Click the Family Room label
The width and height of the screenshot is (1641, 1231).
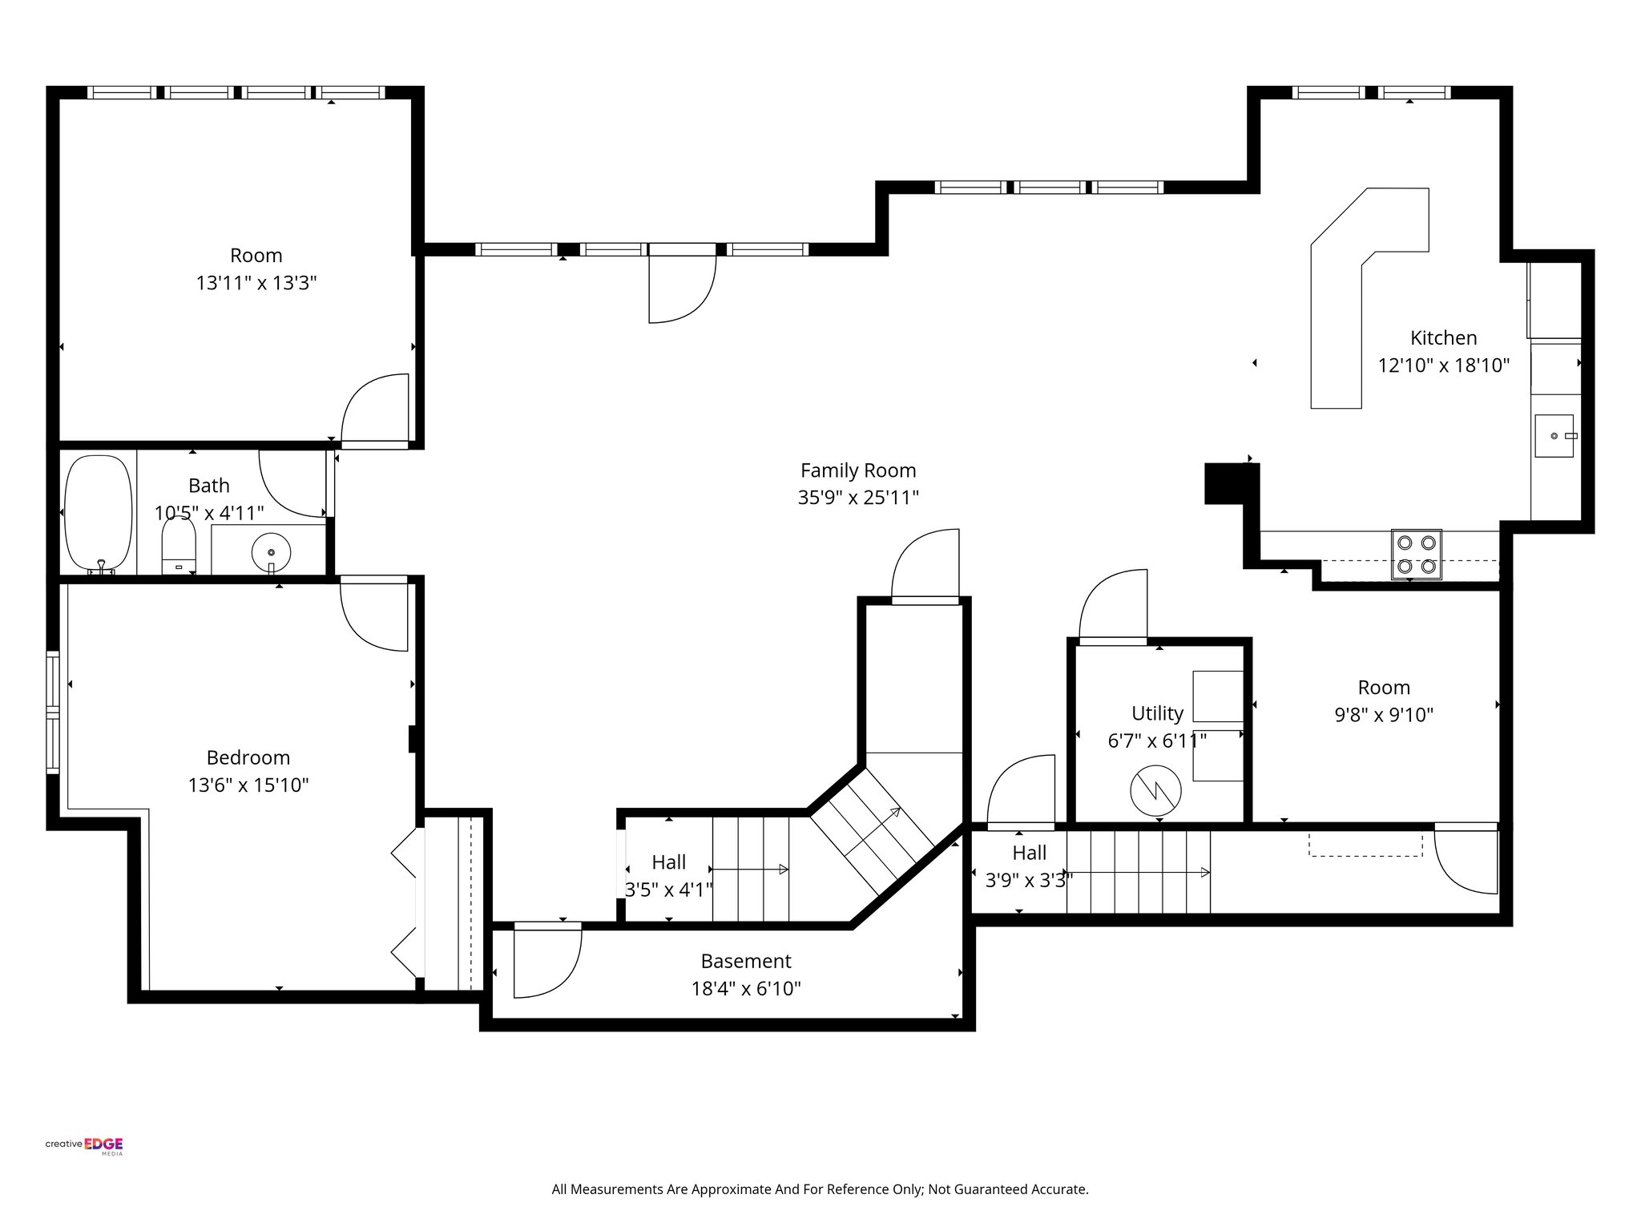pyautogui.click(x=857, y=470)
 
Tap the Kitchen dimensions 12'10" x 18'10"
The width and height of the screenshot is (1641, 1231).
pyautogui.click(x=1443, y=365)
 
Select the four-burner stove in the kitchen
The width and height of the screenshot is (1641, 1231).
pyautogui.click(x=1416, y=554)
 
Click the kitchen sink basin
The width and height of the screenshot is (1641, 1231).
pyautogui.click(x=1554, y=436)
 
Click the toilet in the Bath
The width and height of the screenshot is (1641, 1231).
pyautogui.click(x=178, y=546)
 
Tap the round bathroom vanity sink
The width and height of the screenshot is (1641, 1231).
pyautogui.click(x=271, y=551)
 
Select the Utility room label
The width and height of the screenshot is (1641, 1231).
pyautogui.click(x=1157, y=713)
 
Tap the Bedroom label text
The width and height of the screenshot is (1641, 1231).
pyautogui.click(x=248, y=757)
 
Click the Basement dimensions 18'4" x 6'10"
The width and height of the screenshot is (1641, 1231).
pyautogui.click(x=746, y=989)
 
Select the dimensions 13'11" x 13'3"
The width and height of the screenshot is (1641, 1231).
pyautogui.click(x=256, y=283)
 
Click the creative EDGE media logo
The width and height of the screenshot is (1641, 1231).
pyautogui.click(x=84, y=1145)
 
